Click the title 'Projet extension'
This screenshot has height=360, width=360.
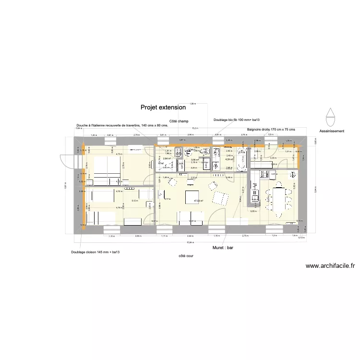pos(163,108)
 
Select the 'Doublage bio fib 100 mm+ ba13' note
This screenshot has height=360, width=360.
pos(236,120)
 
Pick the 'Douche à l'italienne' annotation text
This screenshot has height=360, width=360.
pos(122,125)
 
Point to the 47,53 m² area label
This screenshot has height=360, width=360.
pos(198,201)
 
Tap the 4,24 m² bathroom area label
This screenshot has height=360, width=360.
pos(229,159)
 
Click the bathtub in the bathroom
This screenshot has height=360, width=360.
pos(241,159)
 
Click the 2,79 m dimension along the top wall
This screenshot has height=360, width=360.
pos(136,135)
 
